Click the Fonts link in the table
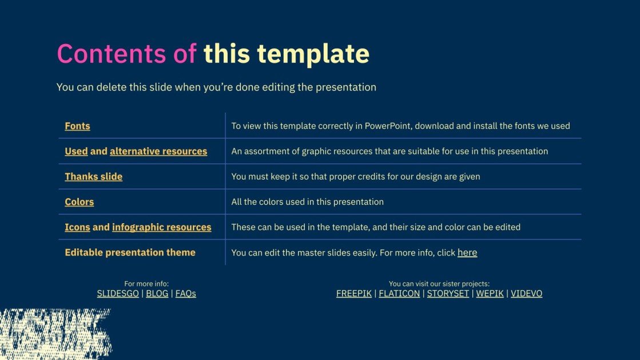(x=77, y=126)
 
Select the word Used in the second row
(x=76, y=151)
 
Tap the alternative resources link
(x=158, y=151)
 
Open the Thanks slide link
(x=93, y=176)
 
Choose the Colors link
(x=79, y=201)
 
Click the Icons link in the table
(x=77, y=227)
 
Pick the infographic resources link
(x=161, y=227)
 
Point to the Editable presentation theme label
(x=130, y=252)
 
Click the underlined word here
(x=467, y=252)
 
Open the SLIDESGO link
(x=118, y=294)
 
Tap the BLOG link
(x=157, y=294)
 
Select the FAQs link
(x=185, y=294)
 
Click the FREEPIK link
(x=354, y=294)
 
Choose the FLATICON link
(x=399, y=294)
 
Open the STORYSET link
(x=448, y=294)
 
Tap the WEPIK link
(x=490, y=294)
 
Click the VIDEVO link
(x=526, y=294)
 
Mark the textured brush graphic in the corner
(x=55, y=333)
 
